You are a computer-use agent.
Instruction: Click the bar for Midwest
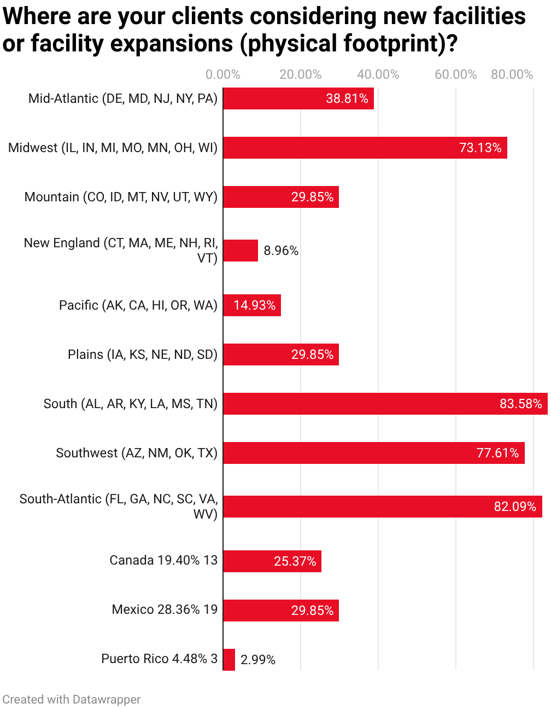[x=365, y=148]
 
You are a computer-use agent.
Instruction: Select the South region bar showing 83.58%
[x=385, y=404]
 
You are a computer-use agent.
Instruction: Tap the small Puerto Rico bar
[x=229, y=660]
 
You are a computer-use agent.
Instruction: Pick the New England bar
[x=241, y=251]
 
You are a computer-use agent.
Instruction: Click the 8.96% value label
[x=281, y=251]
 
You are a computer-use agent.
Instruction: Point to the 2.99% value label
[x=258, y=660]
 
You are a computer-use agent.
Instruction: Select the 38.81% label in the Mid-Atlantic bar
[x=347, y=98]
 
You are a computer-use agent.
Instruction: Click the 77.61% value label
[x=497, y=453]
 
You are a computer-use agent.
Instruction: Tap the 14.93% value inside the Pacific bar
[x=255, y=305]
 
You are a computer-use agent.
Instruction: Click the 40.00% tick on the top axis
[x=378, y=74]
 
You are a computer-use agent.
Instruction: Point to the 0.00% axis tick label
[x=223, y=74]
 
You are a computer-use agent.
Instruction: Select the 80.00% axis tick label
[x=512, y=74]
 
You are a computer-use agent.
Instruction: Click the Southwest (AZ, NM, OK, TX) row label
[x=137, y=453]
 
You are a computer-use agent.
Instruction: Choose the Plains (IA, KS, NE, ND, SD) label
[x=143, y=354]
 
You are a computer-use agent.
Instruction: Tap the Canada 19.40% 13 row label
[x=163, y=560]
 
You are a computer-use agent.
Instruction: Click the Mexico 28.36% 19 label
[x=165, y=609]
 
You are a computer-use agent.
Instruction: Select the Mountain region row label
[x=121, y=197]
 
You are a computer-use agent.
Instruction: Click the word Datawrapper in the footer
[x=106, y=700]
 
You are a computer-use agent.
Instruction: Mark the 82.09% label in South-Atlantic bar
[x=515, y=507]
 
